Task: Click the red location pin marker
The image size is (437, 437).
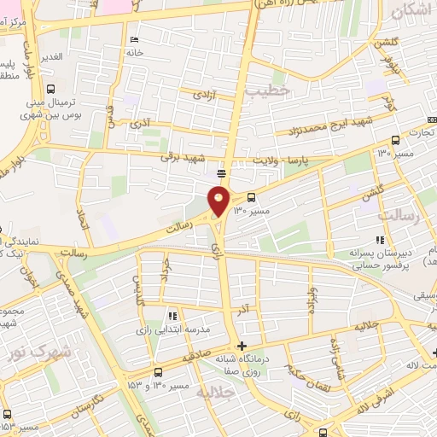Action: [219, 201]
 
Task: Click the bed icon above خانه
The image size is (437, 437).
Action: [133, 39]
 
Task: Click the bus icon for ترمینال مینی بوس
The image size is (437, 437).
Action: [52, 88]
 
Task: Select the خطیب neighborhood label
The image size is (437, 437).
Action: [267, 89]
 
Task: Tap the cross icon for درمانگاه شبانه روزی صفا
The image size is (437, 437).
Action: [243, 346]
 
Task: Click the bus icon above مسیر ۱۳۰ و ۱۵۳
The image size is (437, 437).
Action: [159, 372]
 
